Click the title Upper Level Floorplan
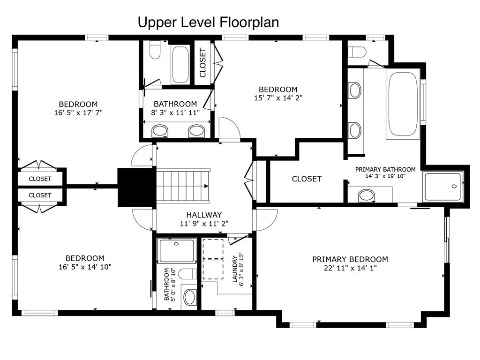[x=208, y=22]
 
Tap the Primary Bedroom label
[x=350, y=259]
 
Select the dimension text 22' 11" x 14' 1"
[x=350, y=268]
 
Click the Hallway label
[x=204, y=215]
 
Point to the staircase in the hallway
[x=183, y=186]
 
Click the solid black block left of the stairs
[x=137, y=187]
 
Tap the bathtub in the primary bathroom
[x=403, y=104]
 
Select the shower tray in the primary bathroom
[x=443, y=187]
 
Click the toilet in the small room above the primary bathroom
[x=357, y=52]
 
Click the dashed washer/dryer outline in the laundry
[x=213, y=259]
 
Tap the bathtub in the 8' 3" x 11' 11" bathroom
[x=180, y=64]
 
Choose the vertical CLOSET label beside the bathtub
[x=202, y=63]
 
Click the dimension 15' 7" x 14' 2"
[x=278, y=98]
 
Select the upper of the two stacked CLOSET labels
[x=40, y=179]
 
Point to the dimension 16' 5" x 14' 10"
[x=85, y=267]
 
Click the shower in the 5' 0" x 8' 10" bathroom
[x=176, y=250]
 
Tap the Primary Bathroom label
[x=385, y=169]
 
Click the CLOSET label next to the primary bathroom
[x=307, y=179]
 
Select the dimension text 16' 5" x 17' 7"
[x=78, y=112]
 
